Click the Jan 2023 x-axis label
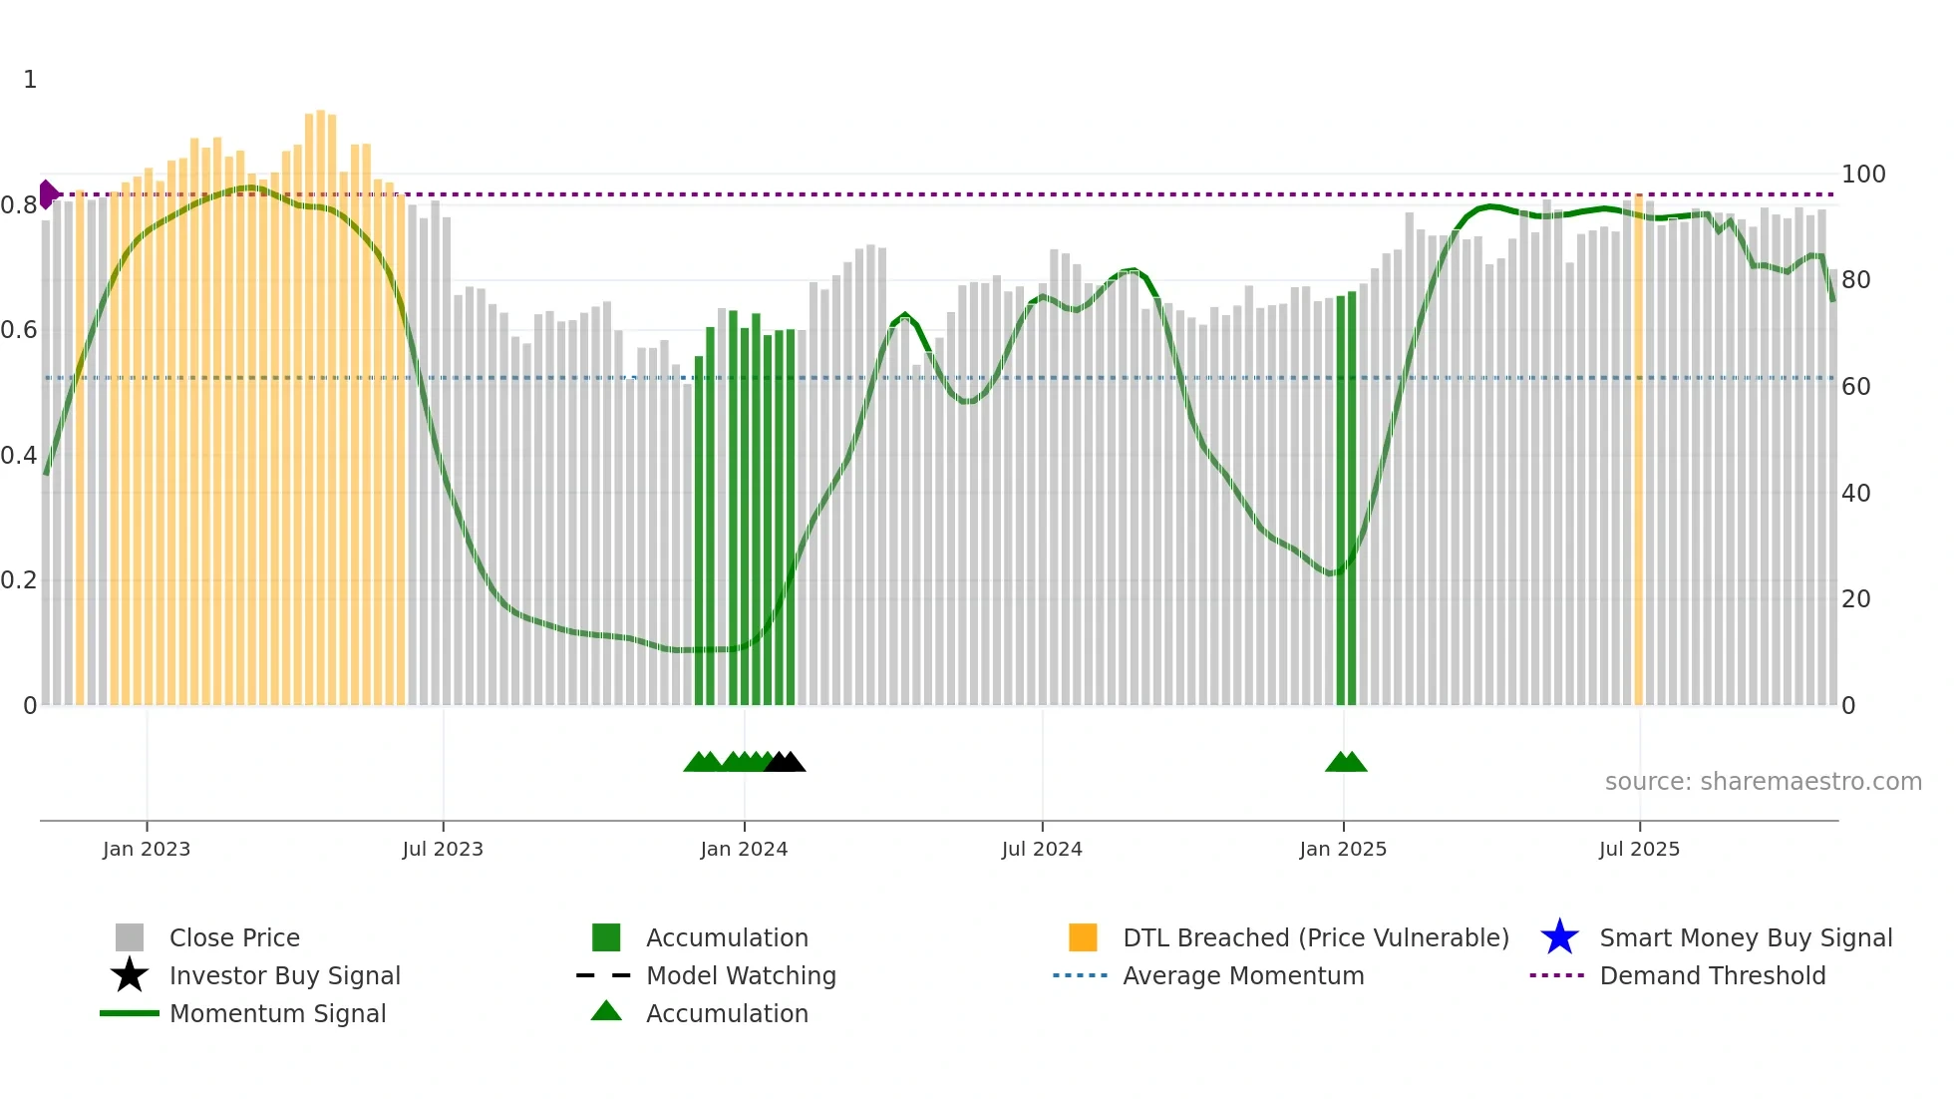click(x=147, y=849)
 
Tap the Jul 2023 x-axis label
click(x=443, y=849)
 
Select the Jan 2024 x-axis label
click(x=744, y=849)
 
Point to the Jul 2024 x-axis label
click(x=1042, y=849)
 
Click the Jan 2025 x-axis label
click(x=1343, y=849)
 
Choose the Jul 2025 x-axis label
click(x=1639, y=849)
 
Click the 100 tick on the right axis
click(x=1863, y=175)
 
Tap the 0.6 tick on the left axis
click(x=19, y=330)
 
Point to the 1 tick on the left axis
click(x=30, y=80)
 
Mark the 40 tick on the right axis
click(x=1855, y=494)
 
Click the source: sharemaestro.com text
click(x=1763, y=782)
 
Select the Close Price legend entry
click(x=234, y=938)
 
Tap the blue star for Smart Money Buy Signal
click(x=1559, y=937)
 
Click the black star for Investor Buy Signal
click(x=130, y=975)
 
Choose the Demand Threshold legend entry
click(x=1712, y=976)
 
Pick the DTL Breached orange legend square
click(x=1083, y=937)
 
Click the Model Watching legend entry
click(x=741, y=976)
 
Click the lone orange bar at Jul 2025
click(x=1638, y=449)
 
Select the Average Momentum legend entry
click(x=1243, y=976)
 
